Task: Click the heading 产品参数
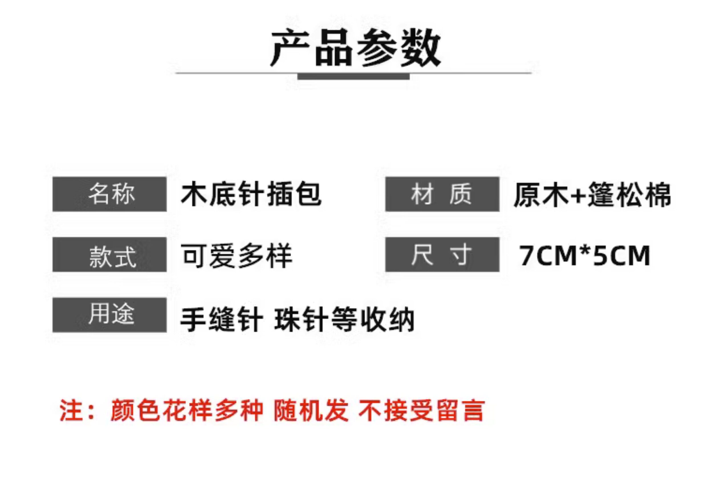click(355, 48)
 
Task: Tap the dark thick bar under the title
click(353, 76)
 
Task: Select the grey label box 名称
click(109, 194)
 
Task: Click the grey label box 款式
click(109, 255)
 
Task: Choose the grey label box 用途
click(109, 315)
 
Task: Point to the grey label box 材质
click(442, 194)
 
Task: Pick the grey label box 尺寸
click(442, 255)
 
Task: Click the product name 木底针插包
click(251, 194)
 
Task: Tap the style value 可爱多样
click(237, 256)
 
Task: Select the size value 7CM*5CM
click(585, 256)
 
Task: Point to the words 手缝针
click(222, 319)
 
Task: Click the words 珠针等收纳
click(344, 319)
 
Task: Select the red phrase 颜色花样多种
click(186, 410)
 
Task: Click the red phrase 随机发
click(311, 410)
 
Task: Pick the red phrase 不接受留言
click(422, 410)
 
